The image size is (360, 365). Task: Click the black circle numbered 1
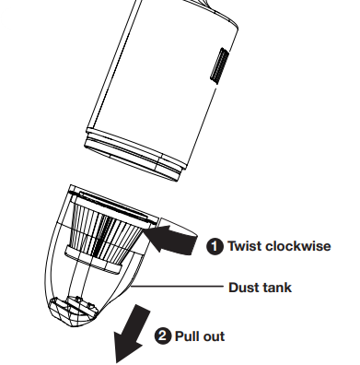(215, 246)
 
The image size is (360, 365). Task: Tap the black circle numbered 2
(162, 336)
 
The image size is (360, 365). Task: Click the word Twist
(245, 246)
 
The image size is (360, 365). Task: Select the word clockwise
(298, 246)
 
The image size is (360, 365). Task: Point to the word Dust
(242, 288)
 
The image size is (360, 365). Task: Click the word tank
(275, 288)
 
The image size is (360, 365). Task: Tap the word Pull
(187, 336)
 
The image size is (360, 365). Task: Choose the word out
(214, 336)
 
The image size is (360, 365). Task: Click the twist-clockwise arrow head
(157, 238)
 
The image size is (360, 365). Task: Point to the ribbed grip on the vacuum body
(220, 65)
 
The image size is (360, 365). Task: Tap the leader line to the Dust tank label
(177, 287)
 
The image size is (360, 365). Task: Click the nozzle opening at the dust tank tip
(73, 311)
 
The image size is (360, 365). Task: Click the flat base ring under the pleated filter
(94, 260)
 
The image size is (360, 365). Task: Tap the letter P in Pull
(180, 336)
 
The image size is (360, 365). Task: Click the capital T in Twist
(233, 246)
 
